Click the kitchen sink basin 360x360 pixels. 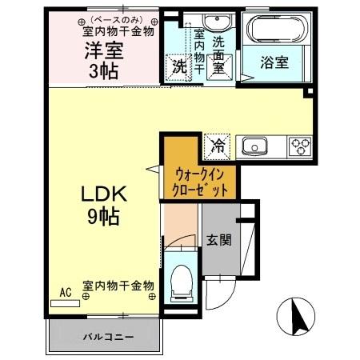256,146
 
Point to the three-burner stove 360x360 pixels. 299,146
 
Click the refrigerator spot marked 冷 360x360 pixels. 216,146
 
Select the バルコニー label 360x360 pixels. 105,337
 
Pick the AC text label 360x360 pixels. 66,293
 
